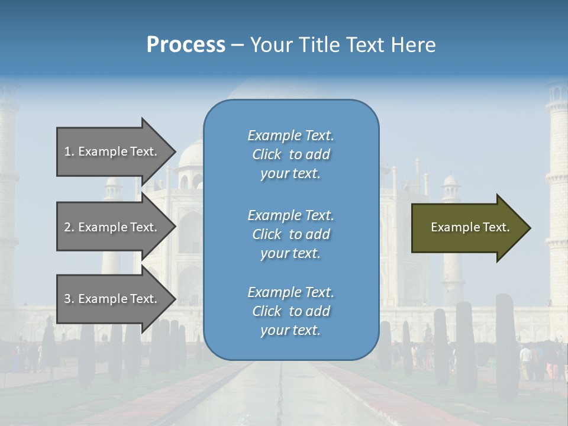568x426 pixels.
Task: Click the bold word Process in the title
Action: tap(186, 45)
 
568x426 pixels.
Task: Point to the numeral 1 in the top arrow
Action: tap(67, 151)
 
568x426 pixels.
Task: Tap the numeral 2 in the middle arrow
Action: tap(67, 227)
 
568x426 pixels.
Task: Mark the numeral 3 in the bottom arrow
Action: tap(67, 299)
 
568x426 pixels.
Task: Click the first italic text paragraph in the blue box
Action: tap(291, 154)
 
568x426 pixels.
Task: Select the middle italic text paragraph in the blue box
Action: tap(291, 234)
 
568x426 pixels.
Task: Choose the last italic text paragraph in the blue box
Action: tap(291, 311)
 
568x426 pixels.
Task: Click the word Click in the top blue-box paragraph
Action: tap(267, 154)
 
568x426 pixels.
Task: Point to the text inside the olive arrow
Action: tap(470, 227)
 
